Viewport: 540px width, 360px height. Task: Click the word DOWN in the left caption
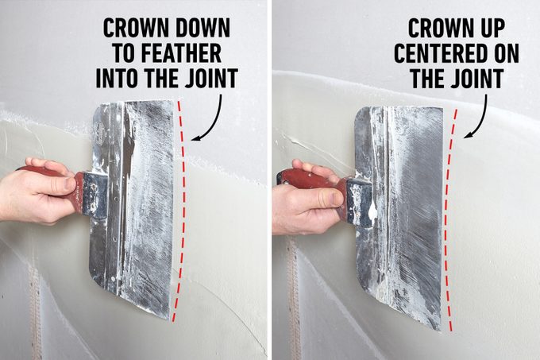pos(201,29)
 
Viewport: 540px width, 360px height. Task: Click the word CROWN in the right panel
pos(436,29)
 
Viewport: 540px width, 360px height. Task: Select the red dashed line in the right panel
pos(450,215)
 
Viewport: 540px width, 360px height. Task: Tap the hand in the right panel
pos(306,203)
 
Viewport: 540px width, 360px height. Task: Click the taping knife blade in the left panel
pos(135,207)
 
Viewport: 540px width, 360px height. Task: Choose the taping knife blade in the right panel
pos(401,215)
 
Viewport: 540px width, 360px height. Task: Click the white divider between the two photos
pos(269,180)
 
